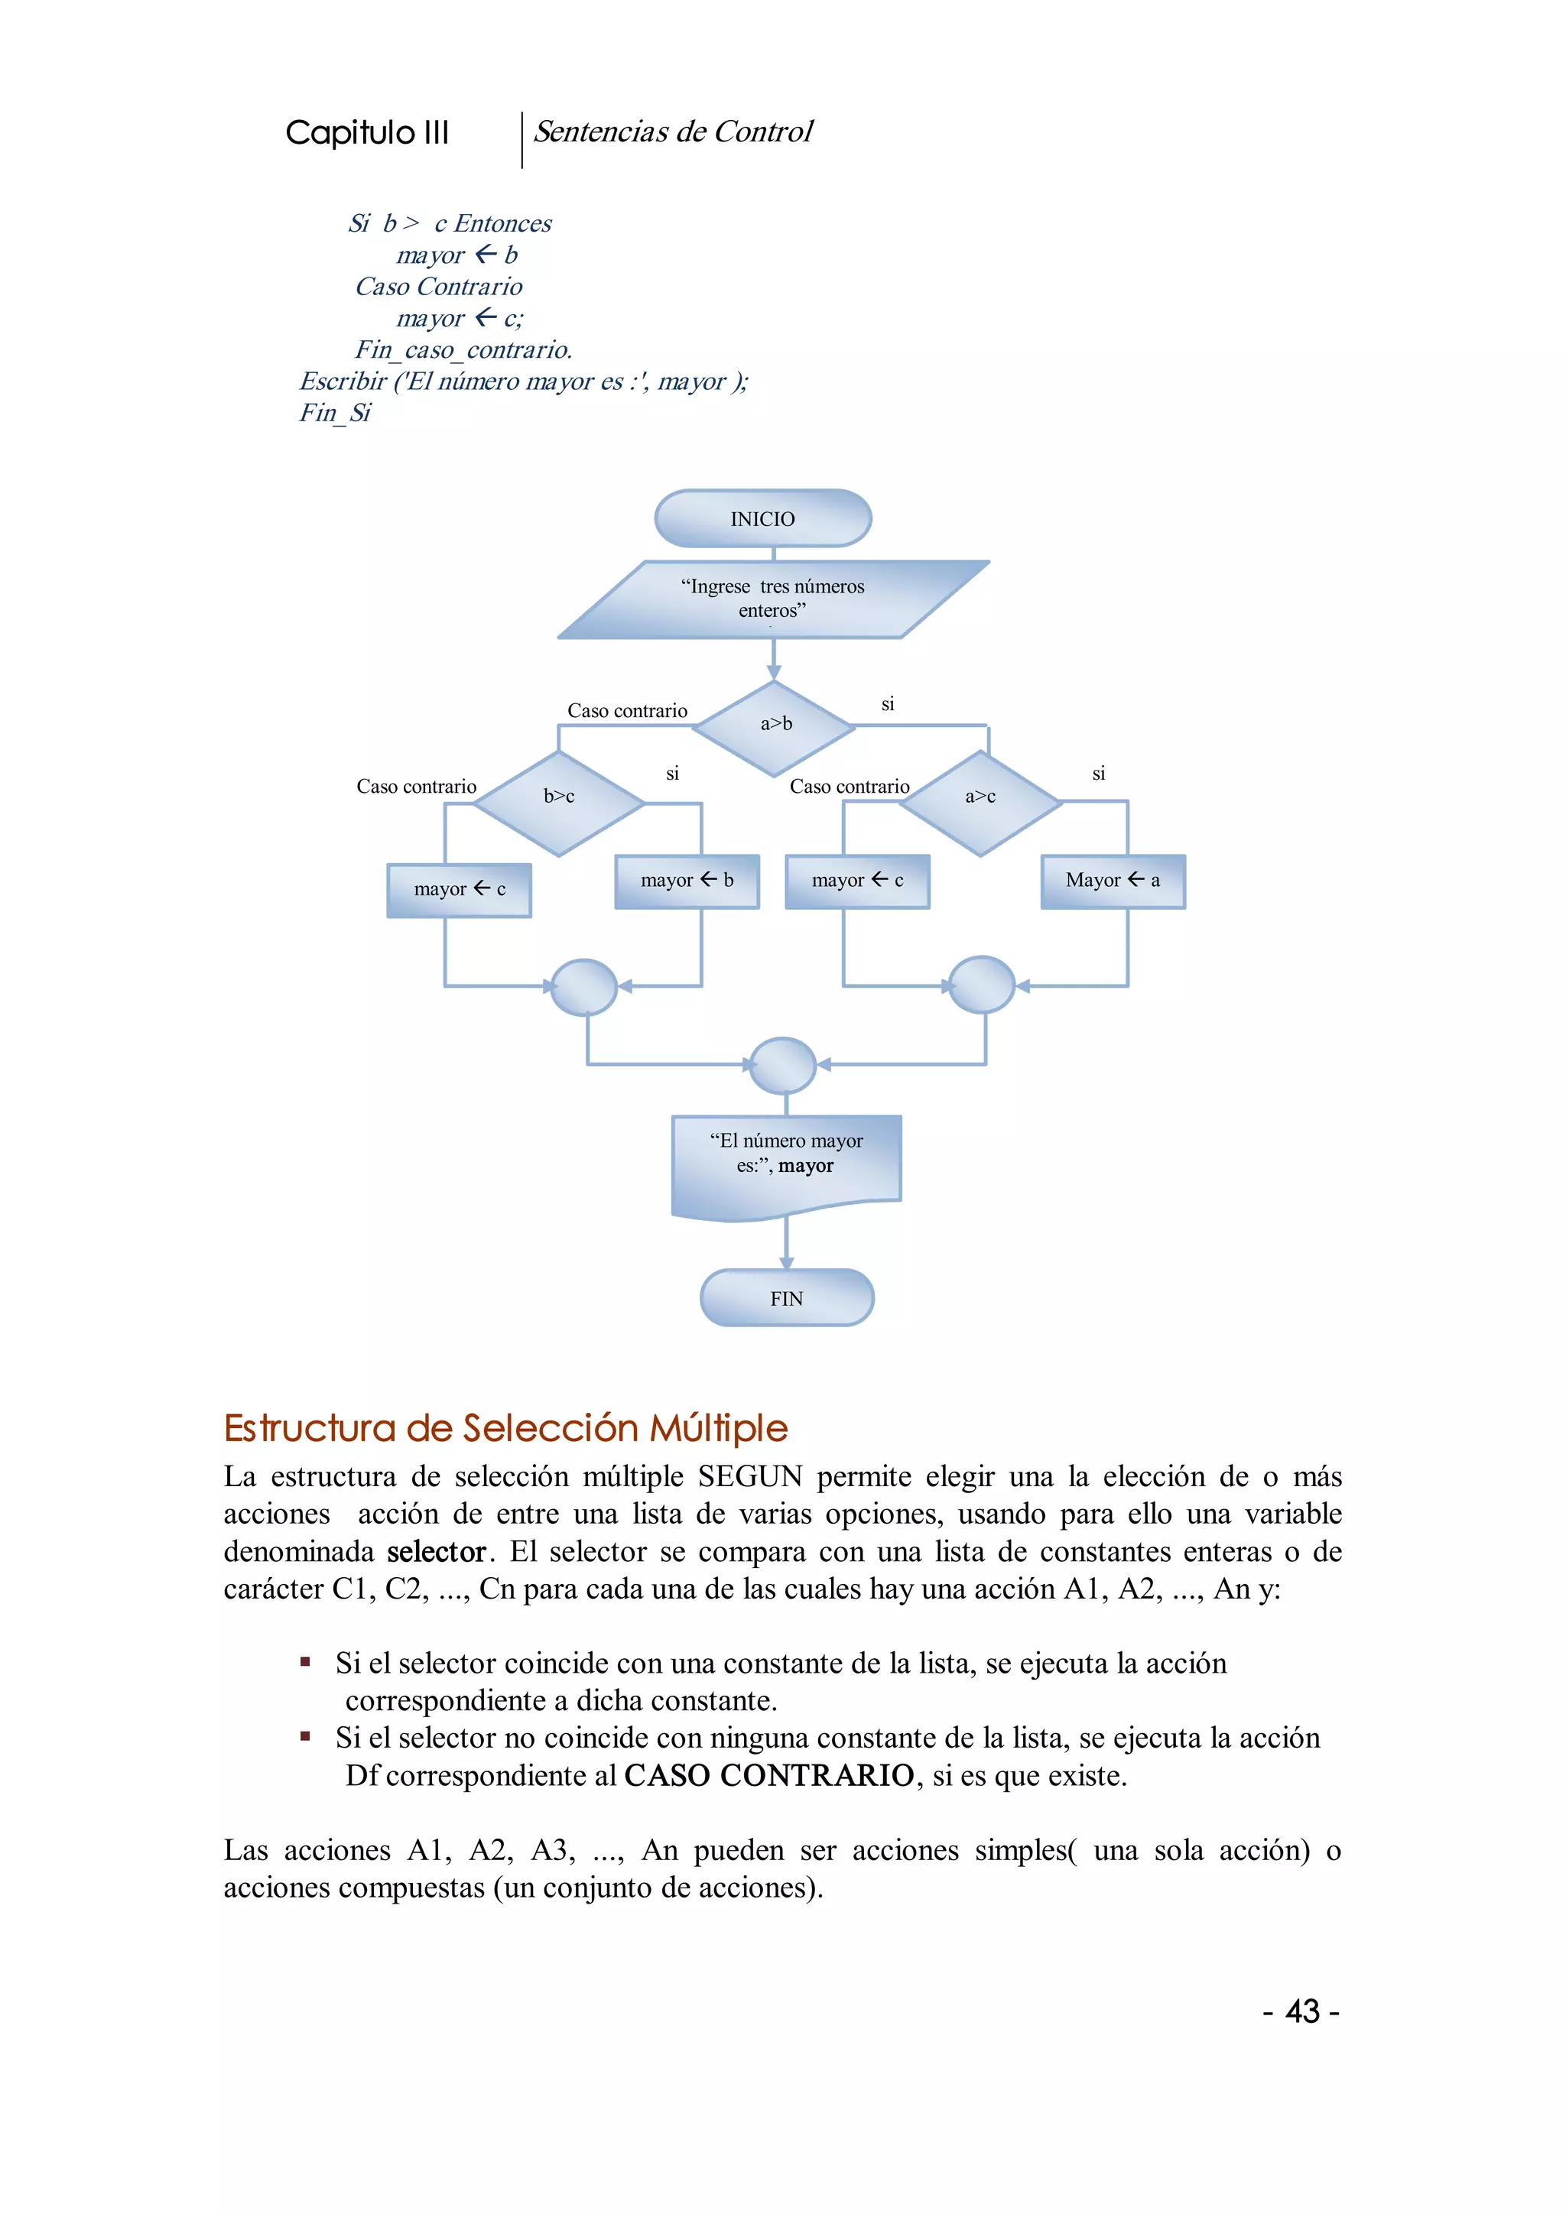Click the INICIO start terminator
(763, 519)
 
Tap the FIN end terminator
(786, 1298)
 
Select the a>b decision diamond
(775, 726)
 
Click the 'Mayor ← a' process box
(1113, 881)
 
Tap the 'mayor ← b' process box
(687, 881)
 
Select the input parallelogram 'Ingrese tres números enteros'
(772, 599)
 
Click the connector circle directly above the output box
(782, 1065)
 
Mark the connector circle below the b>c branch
(583, 986)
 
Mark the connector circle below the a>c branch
(982, 985)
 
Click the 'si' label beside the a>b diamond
(888, 705)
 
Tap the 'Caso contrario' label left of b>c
(417, 787)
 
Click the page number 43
(1301, 2011)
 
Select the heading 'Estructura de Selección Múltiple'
(505, 1428)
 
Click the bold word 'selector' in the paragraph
(436, 1551)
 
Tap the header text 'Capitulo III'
(367, 132)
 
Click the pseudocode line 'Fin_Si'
(335, 413)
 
